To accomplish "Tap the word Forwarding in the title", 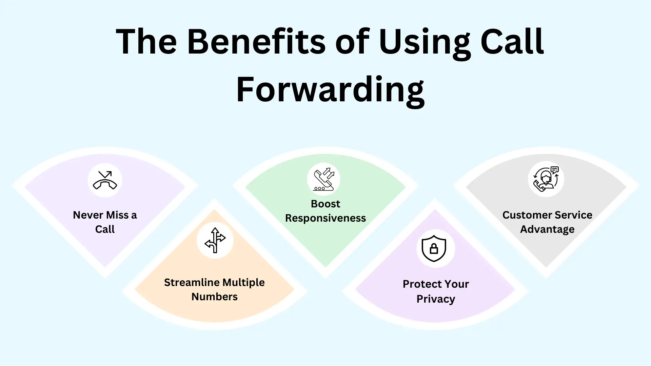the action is point(330,90).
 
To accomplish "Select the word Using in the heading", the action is point(425,44).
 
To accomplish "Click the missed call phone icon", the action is point(105,180).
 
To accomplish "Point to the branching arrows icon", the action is point(215,240).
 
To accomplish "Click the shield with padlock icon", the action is point(434,248).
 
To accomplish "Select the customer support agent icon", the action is point(546,179).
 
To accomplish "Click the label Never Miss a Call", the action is point(105,222).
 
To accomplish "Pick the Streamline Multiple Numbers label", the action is point(214,289).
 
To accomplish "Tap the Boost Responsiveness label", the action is point(325,211).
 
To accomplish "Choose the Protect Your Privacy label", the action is point(436,291).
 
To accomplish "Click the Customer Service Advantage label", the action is point(547,222).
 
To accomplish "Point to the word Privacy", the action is point(436,299).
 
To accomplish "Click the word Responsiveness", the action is point(325,218).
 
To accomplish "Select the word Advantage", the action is point(547,229).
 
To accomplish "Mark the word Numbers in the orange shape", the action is point(214,297).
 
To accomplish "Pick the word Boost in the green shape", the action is point(325,204).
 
